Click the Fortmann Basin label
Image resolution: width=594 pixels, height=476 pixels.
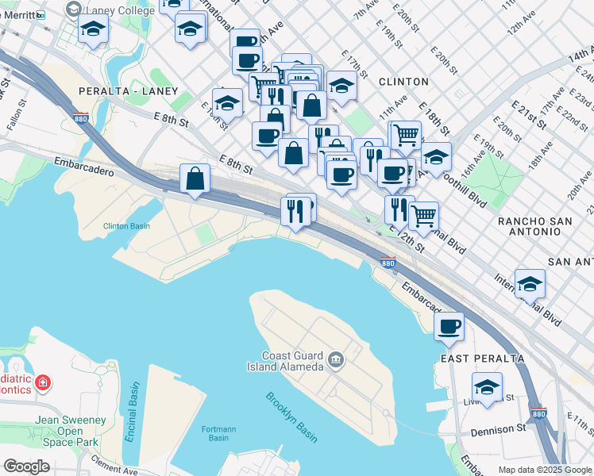218,433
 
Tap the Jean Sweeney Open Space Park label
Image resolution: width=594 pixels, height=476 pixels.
71,430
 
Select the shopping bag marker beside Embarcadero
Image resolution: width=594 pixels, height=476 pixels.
195,179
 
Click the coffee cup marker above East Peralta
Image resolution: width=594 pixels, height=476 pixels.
449,326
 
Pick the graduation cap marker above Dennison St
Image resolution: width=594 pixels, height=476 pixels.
487,388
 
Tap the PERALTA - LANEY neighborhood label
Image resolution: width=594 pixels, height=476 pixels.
128,92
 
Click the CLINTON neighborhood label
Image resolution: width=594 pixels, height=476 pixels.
403,82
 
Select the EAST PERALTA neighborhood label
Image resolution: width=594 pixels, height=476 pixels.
482,359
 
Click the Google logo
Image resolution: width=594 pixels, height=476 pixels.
26,466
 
